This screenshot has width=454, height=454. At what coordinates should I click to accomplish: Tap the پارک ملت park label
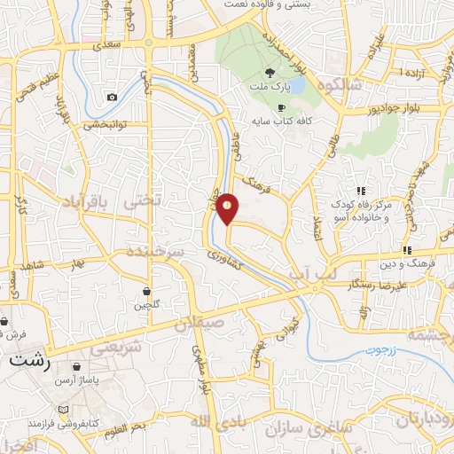click(270, 86)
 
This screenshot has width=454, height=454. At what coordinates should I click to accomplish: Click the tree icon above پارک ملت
click(270, 72)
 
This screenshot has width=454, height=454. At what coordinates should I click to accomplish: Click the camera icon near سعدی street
click(112, 97)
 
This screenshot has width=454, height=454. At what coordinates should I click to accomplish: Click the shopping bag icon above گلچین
click(146, 291)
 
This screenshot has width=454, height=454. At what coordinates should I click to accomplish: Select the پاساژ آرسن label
click(74, 380)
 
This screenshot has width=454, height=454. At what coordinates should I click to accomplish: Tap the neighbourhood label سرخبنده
click(155, 254)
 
